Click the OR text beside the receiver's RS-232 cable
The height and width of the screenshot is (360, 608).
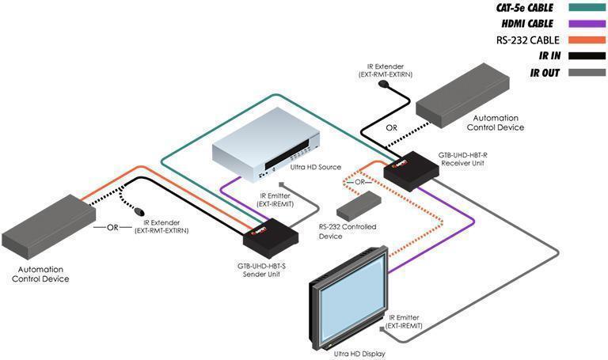pyautogui.click(x=360, y=182)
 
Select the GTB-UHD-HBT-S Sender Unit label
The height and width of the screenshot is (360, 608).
pyautogui.click(x=261, y=271)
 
